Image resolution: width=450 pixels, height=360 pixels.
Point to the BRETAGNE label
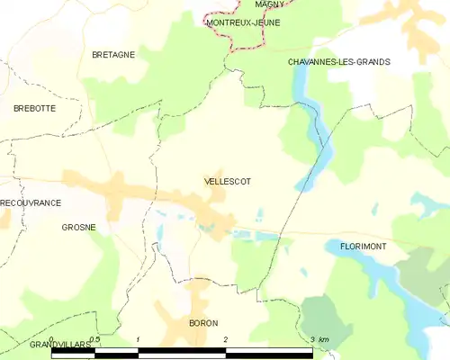tap(113, 55)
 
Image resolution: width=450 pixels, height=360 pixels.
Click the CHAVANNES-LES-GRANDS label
tap(338, 62)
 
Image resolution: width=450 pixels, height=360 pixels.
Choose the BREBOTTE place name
tap(34, 108)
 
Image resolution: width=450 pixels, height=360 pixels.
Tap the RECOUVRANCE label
tap(31, 203)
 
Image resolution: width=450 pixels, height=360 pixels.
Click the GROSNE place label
tap(79, 228)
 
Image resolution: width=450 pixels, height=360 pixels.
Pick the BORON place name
tap(203, 322)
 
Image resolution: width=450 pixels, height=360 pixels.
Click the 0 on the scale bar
tap(52, 340)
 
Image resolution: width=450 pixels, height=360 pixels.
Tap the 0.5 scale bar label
tap(94, 340)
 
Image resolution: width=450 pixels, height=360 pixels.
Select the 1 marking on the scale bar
tap(138, 340)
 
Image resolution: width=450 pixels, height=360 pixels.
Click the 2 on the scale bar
tap(225, 340)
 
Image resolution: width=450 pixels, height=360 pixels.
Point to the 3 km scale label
tap(318, 340)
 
